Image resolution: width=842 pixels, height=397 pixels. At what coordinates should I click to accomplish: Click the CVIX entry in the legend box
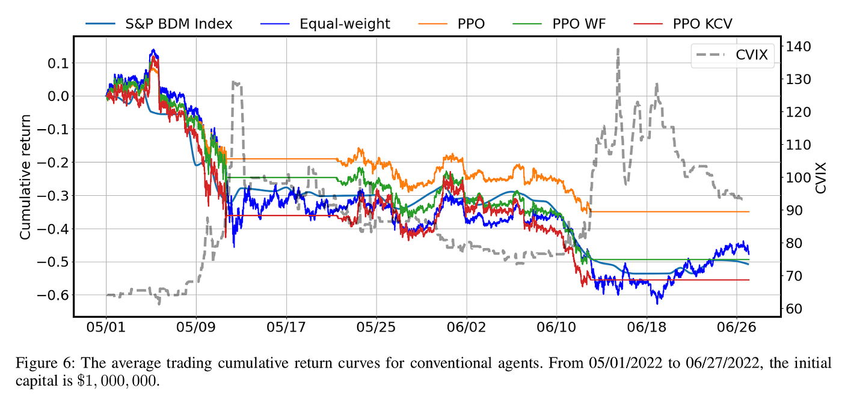click(x=751, y=55)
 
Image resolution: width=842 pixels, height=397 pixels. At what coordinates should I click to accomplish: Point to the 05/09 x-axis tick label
click(x=197, y=329)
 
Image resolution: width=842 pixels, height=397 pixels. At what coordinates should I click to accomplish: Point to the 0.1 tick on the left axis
click(x=58, y=63)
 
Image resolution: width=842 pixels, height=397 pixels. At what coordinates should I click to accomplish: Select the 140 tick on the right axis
click(x=796, y=47)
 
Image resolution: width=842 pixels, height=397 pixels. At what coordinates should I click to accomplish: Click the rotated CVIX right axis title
click(x=822, y=178)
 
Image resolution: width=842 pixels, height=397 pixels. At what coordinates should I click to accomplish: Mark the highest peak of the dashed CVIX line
click(x=618, y=49)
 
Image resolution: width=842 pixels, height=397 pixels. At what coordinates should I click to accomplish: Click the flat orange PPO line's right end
click(x=749, y=211)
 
